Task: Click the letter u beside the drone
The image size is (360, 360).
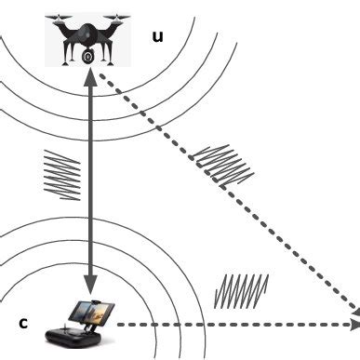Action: (x=157, y=37)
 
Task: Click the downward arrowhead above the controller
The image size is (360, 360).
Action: (x=89, y=282)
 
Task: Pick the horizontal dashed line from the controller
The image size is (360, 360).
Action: (x=233, y=325)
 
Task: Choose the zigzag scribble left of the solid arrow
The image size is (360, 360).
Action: (x=62, y=173)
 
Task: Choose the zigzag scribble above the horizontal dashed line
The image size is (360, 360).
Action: (x=241, y=290)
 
